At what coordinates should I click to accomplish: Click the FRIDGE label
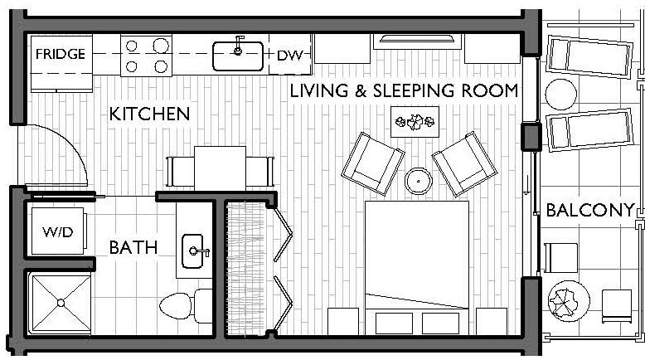coord(60,55)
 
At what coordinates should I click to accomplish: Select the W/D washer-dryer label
coord(58,232)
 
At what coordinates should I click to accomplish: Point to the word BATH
coord(133,247)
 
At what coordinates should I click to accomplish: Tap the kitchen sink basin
coord(238,56)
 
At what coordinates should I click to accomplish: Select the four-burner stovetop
coord(147,56)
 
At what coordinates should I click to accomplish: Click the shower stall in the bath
coord(60,304)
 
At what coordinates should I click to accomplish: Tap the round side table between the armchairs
coord(417,180)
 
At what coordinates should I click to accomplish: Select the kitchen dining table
coord(220,167)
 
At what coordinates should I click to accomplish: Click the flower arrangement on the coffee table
coord(415,122)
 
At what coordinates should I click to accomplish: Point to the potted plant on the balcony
coord(568,297)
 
